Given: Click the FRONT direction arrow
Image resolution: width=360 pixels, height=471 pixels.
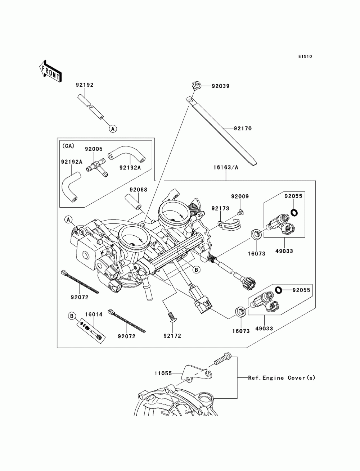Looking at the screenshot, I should [50, 70].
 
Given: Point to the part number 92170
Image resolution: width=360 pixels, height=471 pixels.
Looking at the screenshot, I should [243, 128].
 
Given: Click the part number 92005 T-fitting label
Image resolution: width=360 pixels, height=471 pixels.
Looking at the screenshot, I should [94, 148].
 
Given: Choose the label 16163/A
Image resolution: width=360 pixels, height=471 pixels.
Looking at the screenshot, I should [226, 167].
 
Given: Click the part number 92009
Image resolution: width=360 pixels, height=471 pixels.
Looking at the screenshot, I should [240, 196].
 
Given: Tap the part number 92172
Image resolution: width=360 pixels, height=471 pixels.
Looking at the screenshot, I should [172, 336].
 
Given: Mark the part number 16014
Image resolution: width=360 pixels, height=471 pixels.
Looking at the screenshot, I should [94, 314].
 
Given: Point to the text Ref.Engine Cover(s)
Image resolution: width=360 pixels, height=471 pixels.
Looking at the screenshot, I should [282, 378].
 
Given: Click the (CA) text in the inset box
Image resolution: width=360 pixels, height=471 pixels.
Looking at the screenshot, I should [68, 146].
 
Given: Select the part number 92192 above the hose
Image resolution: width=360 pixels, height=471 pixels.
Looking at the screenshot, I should [85, 85].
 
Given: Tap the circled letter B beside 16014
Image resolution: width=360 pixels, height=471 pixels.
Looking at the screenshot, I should [72, 316].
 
